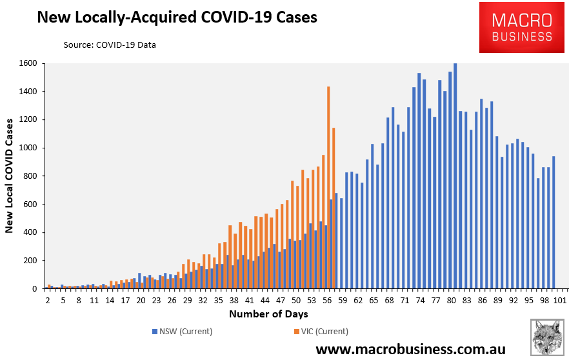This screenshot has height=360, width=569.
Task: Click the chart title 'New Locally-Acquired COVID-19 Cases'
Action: coord(177,17)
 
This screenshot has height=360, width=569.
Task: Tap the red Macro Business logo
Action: coord(522,28)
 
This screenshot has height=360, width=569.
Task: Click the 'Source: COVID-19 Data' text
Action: coord(110,45)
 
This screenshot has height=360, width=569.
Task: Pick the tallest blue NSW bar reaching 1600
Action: coord(455,176)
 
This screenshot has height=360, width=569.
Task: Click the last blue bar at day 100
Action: coord(554,223)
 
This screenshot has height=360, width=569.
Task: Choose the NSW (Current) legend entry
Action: coord(182,332)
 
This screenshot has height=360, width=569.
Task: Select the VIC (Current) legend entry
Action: coord(321,332)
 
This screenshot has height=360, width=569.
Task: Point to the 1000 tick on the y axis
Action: coord(28,148)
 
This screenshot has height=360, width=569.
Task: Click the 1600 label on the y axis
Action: coord(28,63)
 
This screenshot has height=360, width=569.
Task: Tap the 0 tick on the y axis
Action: coord(34,289)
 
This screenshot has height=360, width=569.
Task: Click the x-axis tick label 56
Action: coord(327,301)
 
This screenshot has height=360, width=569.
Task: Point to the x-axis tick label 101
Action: coord(560,301)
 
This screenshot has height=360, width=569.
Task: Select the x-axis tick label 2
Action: coord(48,301)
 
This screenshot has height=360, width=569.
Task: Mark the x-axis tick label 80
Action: coord(452,301)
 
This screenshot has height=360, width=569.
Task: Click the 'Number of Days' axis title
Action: coord(268,314)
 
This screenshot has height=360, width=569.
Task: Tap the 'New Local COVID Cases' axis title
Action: coord(9,176)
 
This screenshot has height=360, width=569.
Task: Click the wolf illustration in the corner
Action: coord(547,337)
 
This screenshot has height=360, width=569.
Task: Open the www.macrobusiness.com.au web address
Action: coord(410,349)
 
